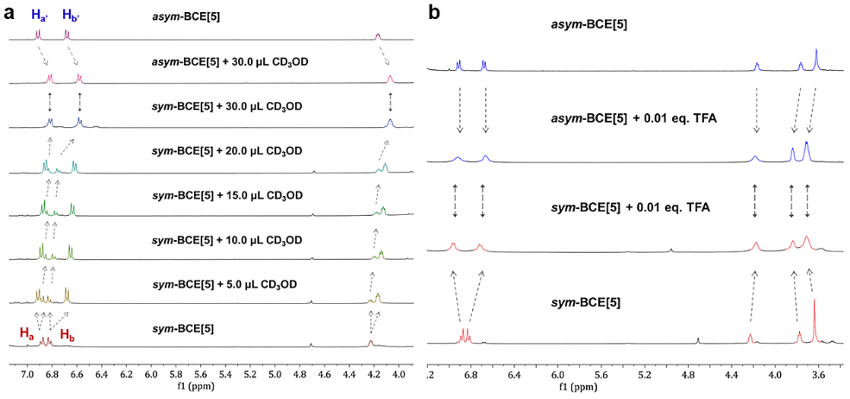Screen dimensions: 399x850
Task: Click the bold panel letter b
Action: tap(434, 14)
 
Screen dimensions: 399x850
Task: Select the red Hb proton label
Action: tap(66, 332)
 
